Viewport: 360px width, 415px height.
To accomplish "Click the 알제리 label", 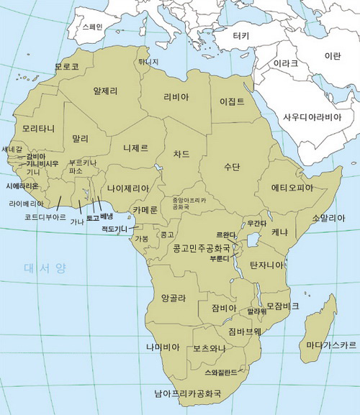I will (105, 91).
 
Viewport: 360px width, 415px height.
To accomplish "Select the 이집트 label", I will (232, 101).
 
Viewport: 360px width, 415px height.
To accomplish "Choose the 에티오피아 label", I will (292, 188).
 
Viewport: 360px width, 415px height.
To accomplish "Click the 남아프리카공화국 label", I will (187, 393).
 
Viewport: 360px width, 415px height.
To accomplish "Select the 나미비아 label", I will (162, 347).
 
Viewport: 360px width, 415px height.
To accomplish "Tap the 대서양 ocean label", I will (45, 268).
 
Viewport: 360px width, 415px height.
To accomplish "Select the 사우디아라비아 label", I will (312, 117).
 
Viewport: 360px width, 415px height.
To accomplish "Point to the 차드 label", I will (181, 153).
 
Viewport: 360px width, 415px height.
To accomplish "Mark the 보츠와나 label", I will (209, 349).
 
